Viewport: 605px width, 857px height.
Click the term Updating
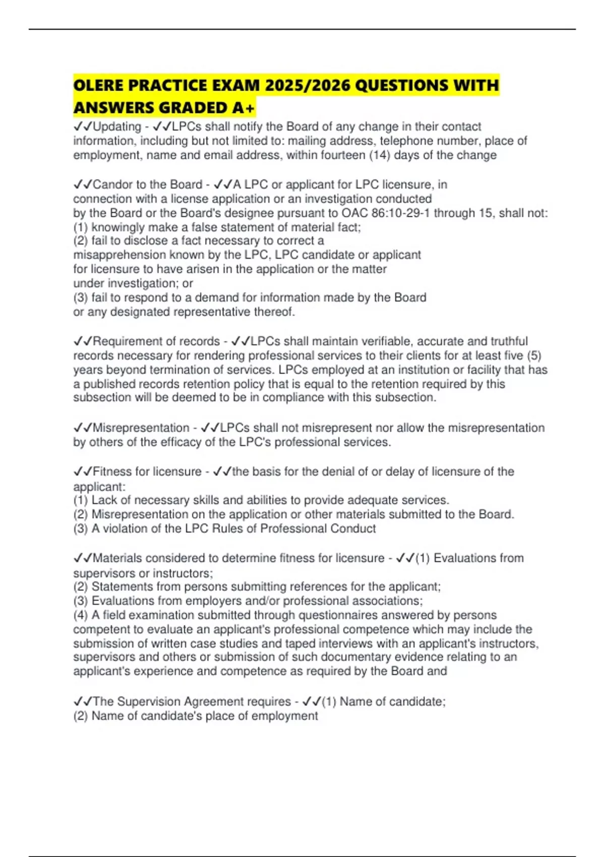117,127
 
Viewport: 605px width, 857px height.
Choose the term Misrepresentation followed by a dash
141,428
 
